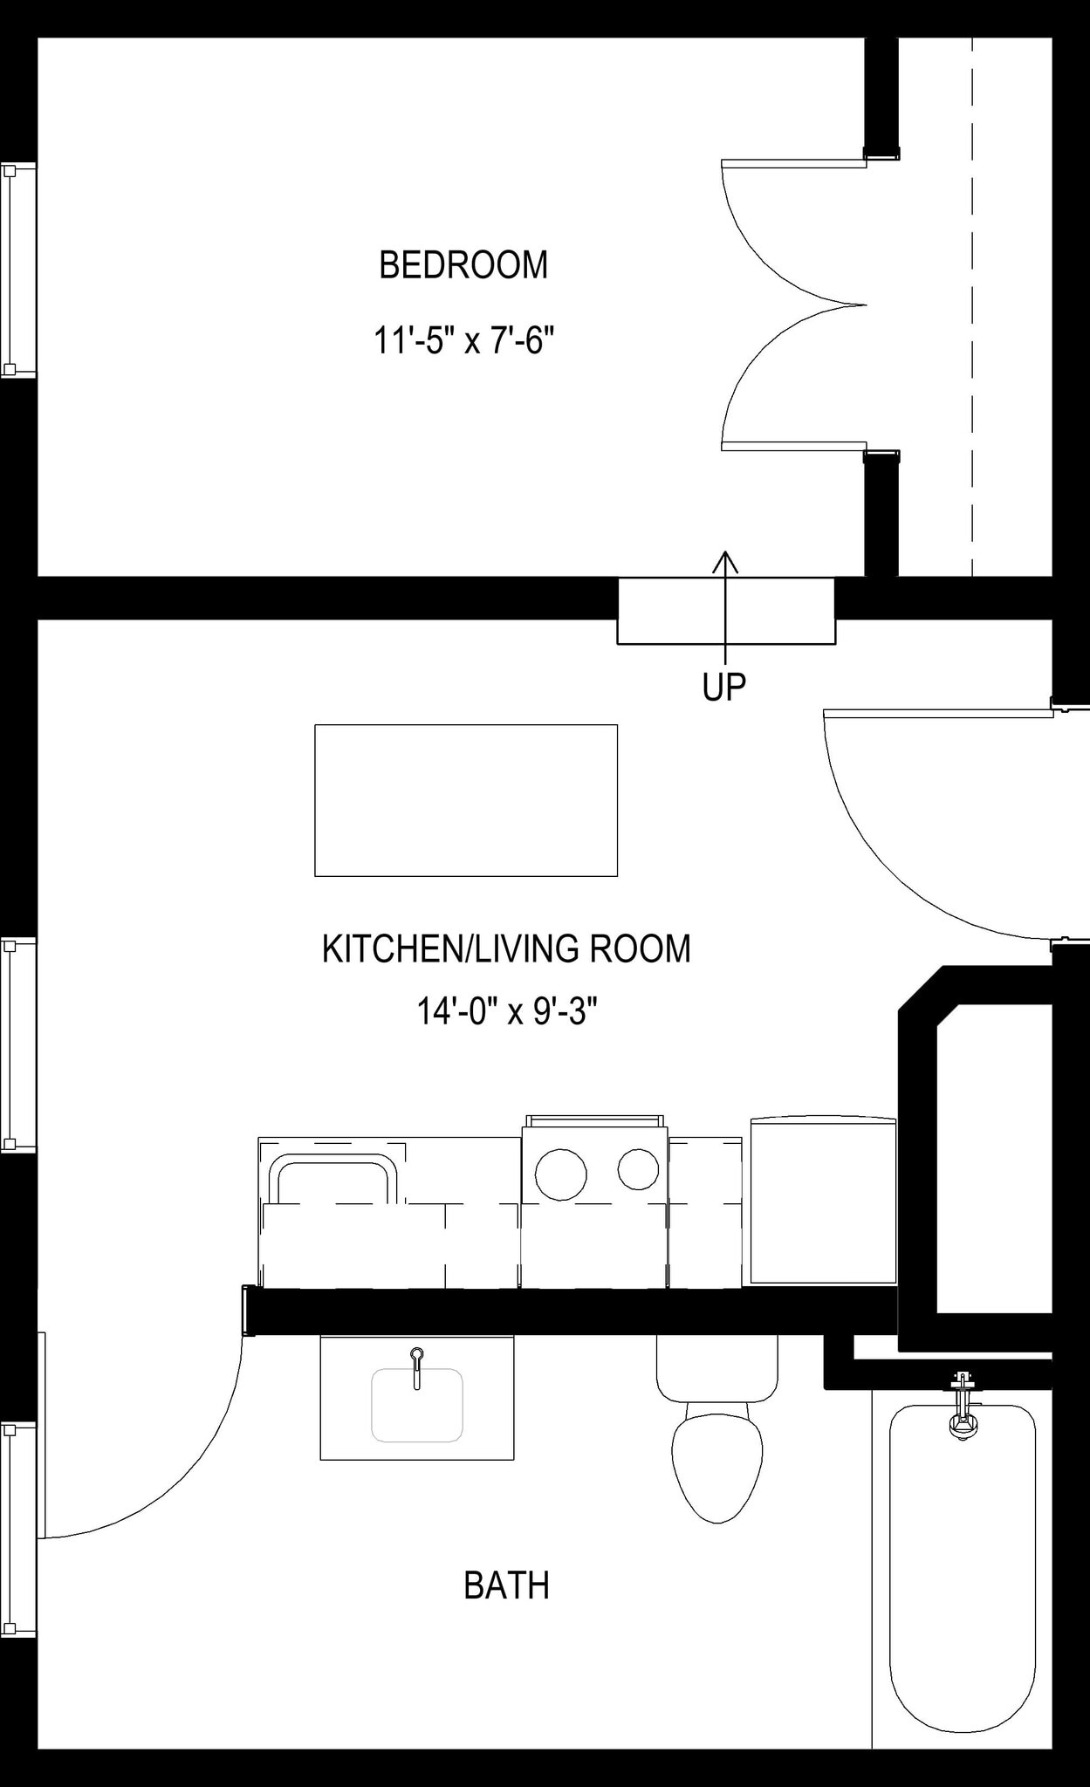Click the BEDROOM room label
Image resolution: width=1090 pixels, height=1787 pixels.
(463, 265)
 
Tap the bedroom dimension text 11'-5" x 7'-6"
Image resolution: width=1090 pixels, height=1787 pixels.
(463, 339)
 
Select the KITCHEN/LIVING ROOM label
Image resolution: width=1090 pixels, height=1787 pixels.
(506, 948)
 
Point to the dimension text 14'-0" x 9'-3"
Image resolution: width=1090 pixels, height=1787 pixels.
(506, 1012)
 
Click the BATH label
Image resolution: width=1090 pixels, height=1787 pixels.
(506, 1585)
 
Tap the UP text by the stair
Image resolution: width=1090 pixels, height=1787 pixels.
(723, 688)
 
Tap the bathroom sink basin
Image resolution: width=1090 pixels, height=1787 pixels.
(417, 1405)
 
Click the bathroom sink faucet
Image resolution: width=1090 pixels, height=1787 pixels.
(417, 1362)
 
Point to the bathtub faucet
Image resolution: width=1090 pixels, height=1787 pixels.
(963, 1408)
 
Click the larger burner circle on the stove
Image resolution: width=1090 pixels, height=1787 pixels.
(560, 1174)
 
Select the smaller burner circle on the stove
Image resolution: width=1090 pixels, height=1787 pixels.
(638, 1169)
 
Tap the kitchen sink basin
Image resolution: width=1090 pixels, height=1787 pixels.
(332, 1180)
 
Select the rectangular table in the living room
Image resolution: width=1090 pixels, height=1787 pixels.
(466, 799)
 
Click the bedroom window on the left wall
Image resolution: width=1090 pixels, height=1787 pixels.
(17, 270)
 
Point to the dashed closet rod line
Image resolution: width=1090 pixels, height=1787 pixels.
(972, 305)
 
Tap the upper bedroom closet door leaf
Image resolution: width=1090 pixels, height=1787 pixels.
(793, 163)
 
